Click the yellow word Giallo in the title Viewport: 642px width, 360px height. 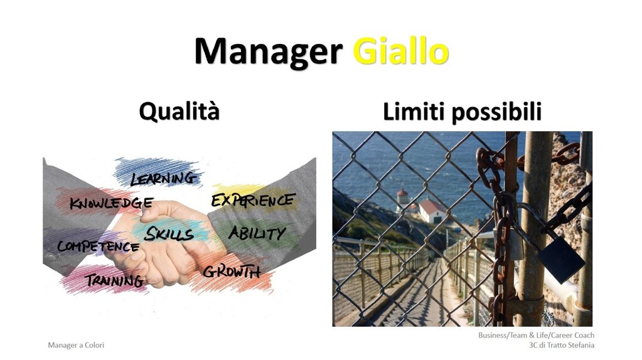coord(401,52)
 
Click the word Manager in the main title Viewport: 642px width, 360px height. coord(269,52)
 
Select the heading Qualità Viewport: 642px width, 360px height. coord(179,111)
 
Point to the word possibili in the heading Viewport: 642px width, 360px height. coord(496,112)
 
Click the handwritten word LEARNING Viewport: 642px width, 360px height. coord(163,178)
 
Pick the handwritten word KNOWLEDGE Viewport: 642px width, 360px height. coord(111,203)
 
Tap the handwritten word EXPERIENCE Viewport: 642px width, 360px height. coord(253,200)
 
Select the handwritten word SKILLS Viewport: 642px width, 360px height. coord(169,233)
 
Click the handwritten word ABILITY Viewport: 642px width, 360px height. coord(257,233)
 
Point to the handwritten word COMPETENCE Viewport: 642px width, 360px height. coord(99,246)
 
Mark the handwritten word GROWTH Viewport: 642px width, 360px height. coord(232,272)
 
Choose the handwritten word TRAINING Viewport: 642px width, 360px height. coord(114,280)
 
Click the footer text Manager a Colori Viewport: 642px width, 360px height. coord(76,346)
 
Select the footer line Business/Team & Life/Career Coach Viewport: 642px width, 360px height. coord(537,335)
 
